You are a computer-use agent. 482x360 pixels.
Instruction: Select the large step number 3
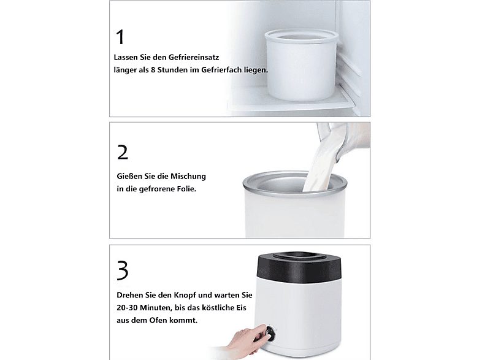coord(122,270)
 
